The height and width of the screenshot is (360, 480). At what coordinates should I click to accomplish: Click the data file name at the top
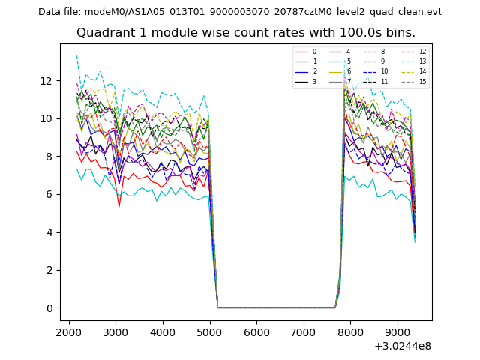click(240, 11)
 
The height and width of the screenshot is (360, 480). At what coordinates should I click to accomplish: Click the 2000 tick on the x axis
click(69, 332)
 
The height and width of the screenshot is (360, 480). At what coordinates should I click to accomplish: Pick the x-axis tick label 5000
click(209, 332)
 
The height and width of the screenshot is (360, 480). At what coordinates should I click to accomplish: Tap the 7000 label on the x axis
click(303, 332)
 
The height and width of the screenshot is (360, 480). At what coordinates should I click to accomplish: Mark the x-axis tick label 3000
click(115, 332)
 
